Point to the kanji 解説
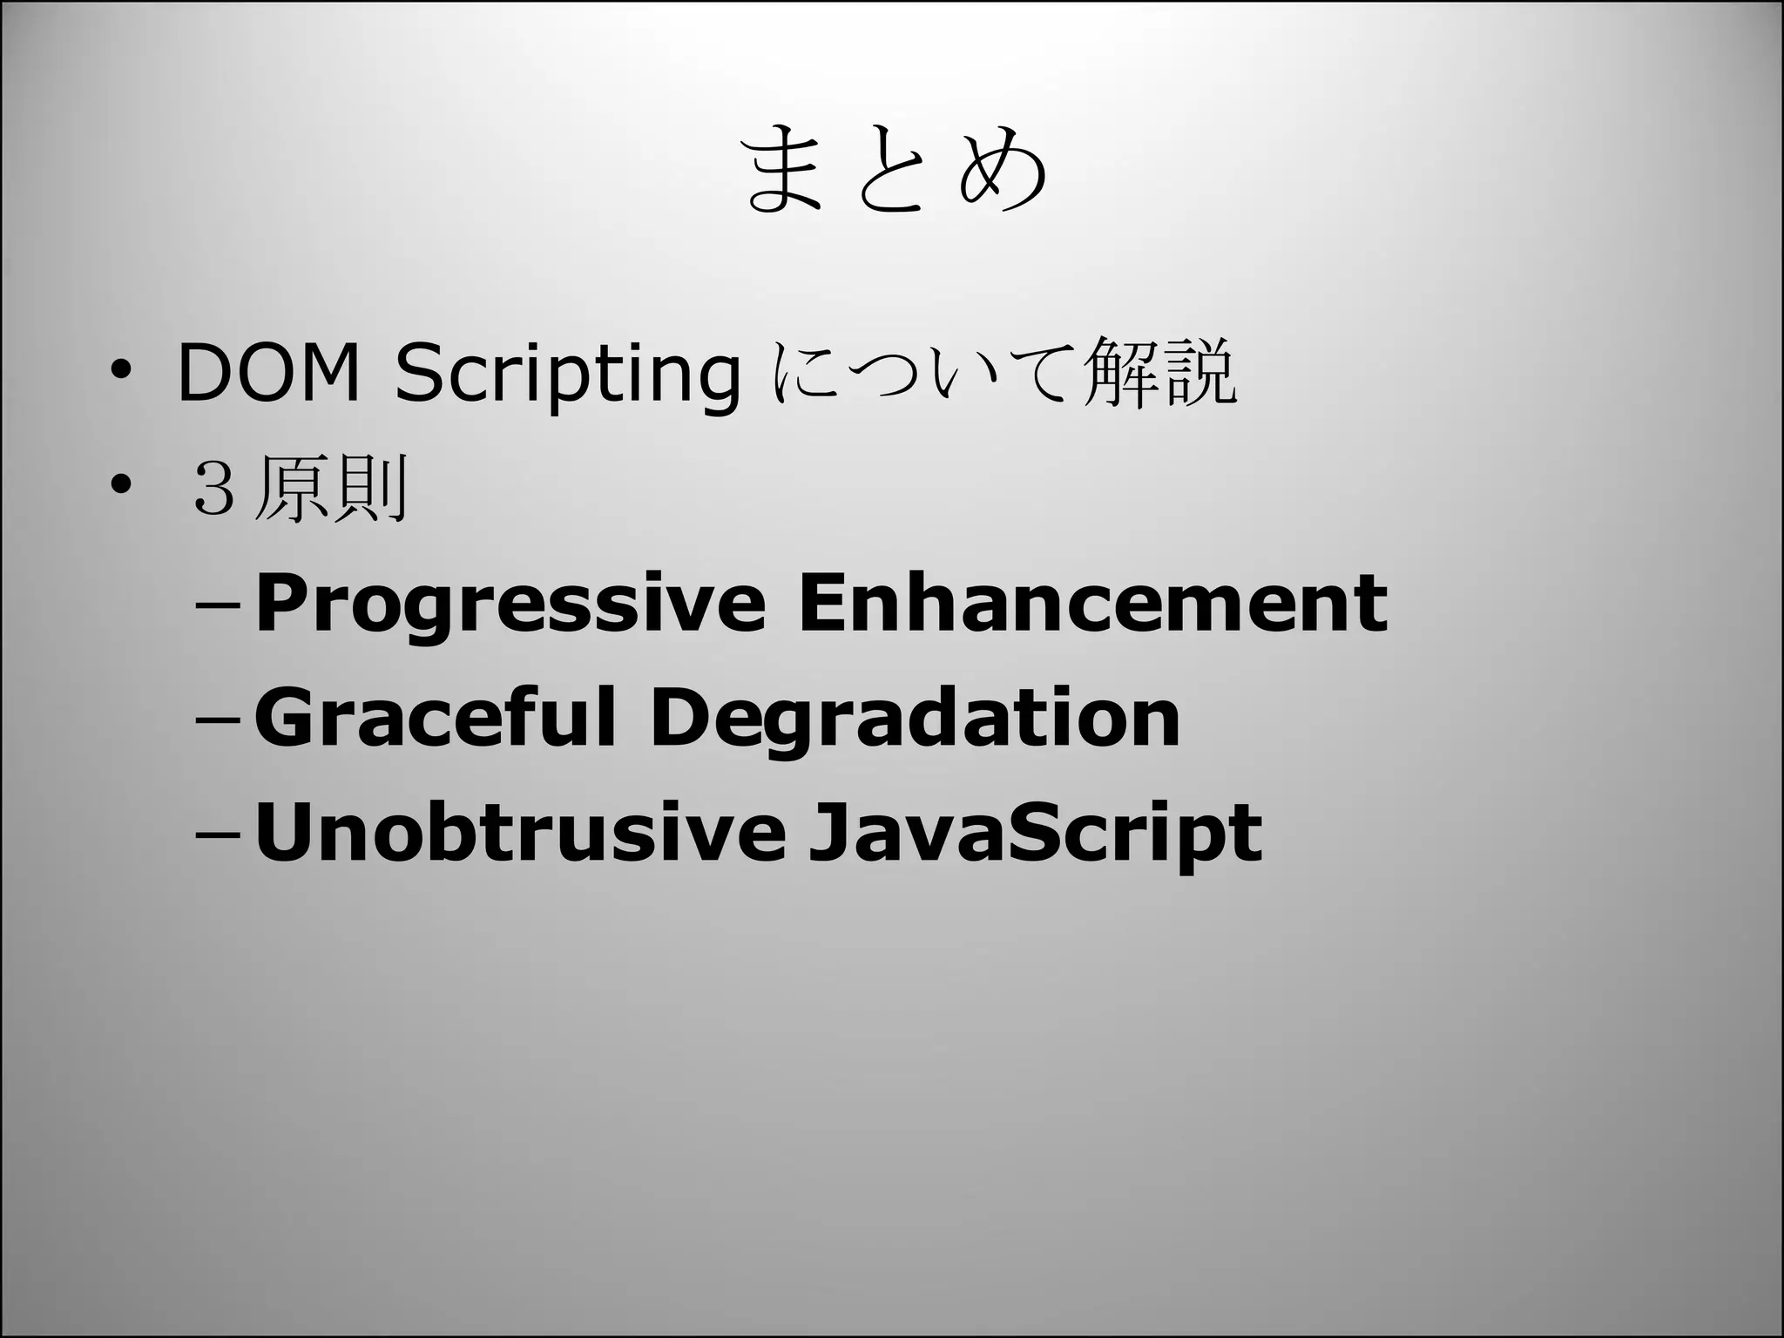1158,373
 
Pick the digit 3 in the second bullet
213,490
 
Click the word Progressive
510,605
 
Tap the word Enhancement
1092,603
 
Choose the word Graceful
435,718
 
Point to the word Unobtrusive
519,833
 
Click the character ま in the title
785,170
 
